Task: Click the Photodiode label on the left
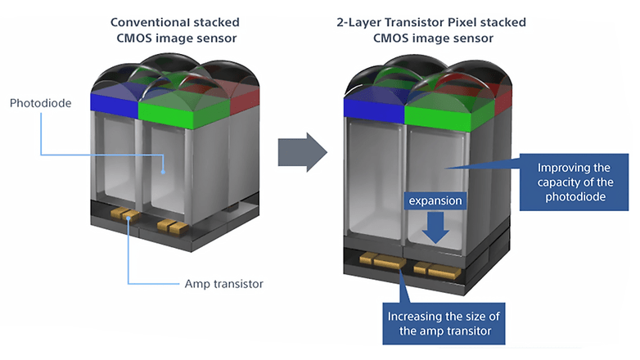[x=40, y=103]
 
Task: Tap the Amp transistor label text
[x=223, y=284]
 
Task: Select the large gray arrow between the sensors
[x=303, y=152]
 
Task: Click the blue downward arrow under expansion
[x=435, y=227]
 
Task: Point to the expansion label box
[x=435, y=200]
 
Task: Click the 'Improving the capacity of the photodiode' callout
[x=574, y=182]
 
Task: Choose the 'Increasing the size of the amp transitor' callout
[x=444, y=324]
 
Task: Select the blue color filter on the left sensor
[x=115, y=106]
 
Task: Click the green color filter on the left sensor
[x=183, y=114]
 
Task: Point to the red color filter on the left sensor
[x=245, y=101]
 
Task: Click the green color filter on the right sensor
[x=449, y=117]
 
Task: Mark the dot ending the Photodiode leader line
[x=163, y=172]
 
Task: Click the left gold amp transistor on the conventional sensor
[x=125, y=214]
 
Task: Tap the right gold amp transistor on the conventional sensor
[x=173, y=227]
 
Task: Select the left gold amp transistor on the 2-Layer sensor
[x=382, y=260]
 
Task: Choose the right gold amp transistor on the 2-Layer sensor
[x=437, y=271]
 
